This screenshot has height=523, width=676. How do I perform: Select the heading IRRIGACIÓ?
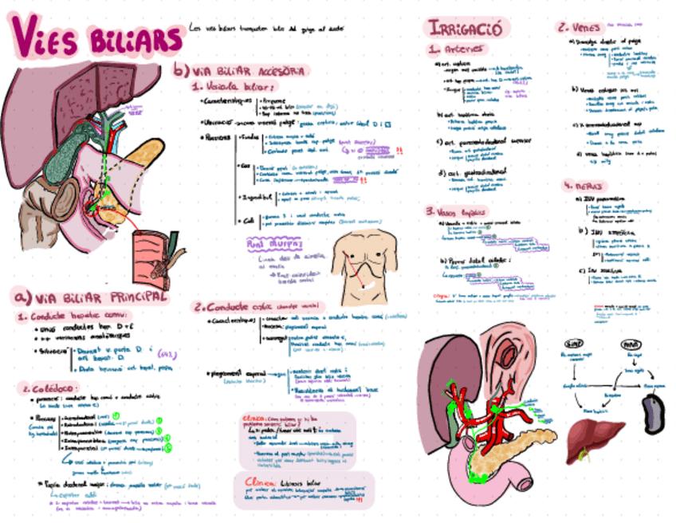click(x=464, y=29)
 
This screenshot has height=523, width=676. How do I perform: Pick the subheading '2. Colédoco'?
click(x=48, y=388)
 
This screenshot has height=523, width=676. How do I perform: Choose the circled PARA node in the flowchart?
click(x=631, y=344)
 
